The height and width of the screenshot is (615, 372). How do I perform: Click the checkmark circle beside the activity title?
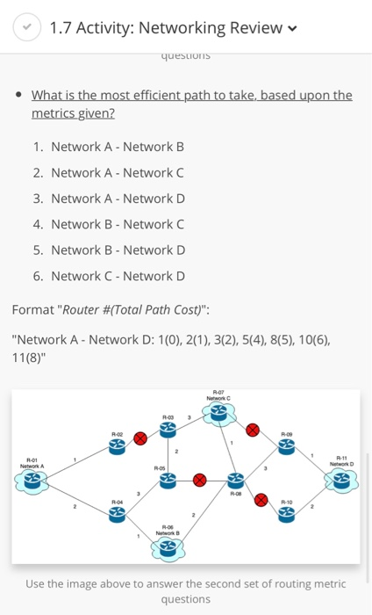[x=26, y=27]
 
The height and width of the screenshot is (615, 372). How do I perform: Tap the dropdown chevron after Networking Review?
[x=292, y=28]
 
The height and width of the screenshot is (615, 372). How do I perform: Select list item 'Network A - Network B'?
[x=118, y=147]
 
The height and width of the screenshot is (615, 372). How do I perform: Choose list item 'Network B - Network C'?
[x=118, y=224]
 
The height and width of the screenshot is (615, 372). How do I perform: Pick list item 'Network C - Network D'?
[x=118, y=276]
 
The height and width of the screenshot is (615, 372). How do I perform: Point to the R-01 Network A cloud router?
[x=32, y=480]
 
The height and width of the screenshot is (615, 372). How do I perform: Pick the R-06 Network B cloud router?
[x=166, y=547]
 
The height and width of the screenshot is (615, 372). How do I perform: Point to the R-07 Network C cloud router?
[x=218, y=413]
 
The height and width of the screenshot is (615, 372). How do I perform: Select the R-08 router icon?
[x=235, y=480]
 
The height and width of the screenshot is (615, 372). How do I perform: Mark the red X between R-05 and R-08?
[x=200, y=480]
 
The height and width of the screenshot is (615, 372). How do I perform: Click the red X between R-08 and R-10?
[x=261, y=498]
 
